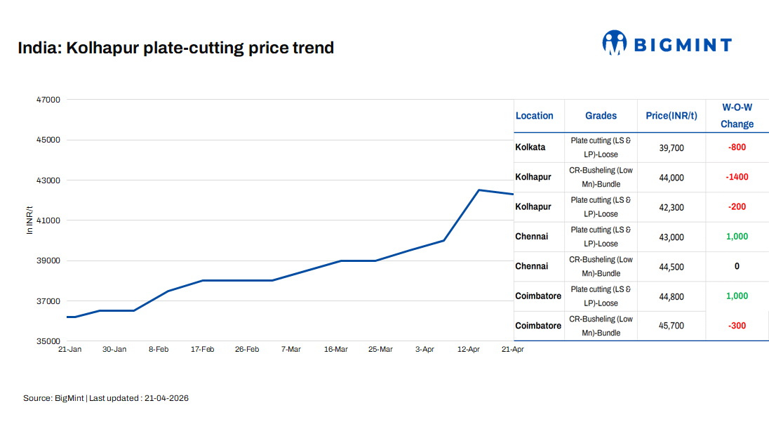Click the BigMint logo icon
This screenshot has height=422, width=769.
614,43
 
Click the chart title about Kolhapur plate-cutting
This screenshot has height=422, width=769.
175,48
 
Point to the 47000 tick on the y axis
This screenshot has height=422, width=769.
48,100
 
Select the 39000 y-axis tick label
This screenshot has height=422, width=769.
48,261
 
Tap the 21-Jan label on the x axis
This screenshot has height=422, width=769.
69,349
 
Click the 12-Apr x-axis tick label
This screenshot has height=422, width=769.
468,349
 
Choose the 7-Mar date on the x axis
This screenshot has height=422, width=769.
290,349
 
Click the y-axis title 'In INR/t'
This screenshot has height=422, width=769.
29,220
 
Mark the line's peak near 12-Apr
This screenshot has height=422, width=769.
479,190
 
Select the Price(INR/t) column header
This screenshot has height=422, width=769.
671,116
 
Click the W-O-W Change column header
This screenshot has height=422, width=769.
737,116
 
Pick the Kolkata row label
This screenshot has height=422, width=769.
530,147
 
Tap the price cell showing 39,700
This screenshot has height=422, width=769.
671,148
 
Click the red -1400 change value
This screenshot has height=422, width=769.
737,177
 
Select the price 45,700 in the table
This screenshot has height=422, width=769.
671,326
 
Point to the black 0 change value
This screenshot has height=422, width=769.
737,266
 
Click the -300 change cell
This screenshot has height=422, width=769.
737,326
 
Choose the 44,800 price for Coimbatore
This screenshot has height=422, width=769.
671,296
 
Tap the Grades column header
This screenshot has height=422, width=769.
601,116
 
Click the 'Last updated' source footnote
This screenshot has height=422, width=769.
106,398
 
